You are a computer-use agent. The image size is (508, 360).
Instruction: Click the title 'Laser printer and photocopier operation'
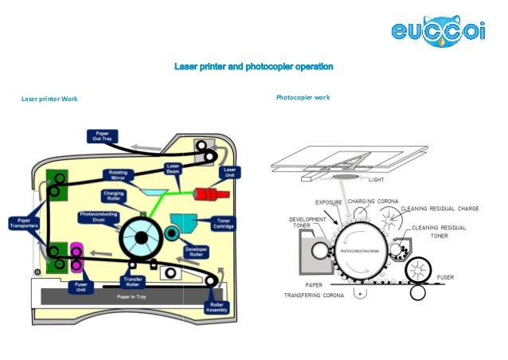click(x=253, y=66)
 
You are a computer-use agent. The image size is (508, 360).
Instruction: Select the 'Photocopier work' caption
click(x=303, y=97)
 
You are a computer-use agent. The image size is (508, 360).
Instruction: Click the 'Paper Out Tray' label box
click(x=102, y=135)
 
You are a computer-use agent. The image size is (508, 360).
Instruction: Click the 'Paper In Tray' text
click(x=132, y=296)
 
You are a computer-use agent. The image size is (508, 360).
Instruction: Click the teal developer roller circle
click(x=171, y=232)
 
